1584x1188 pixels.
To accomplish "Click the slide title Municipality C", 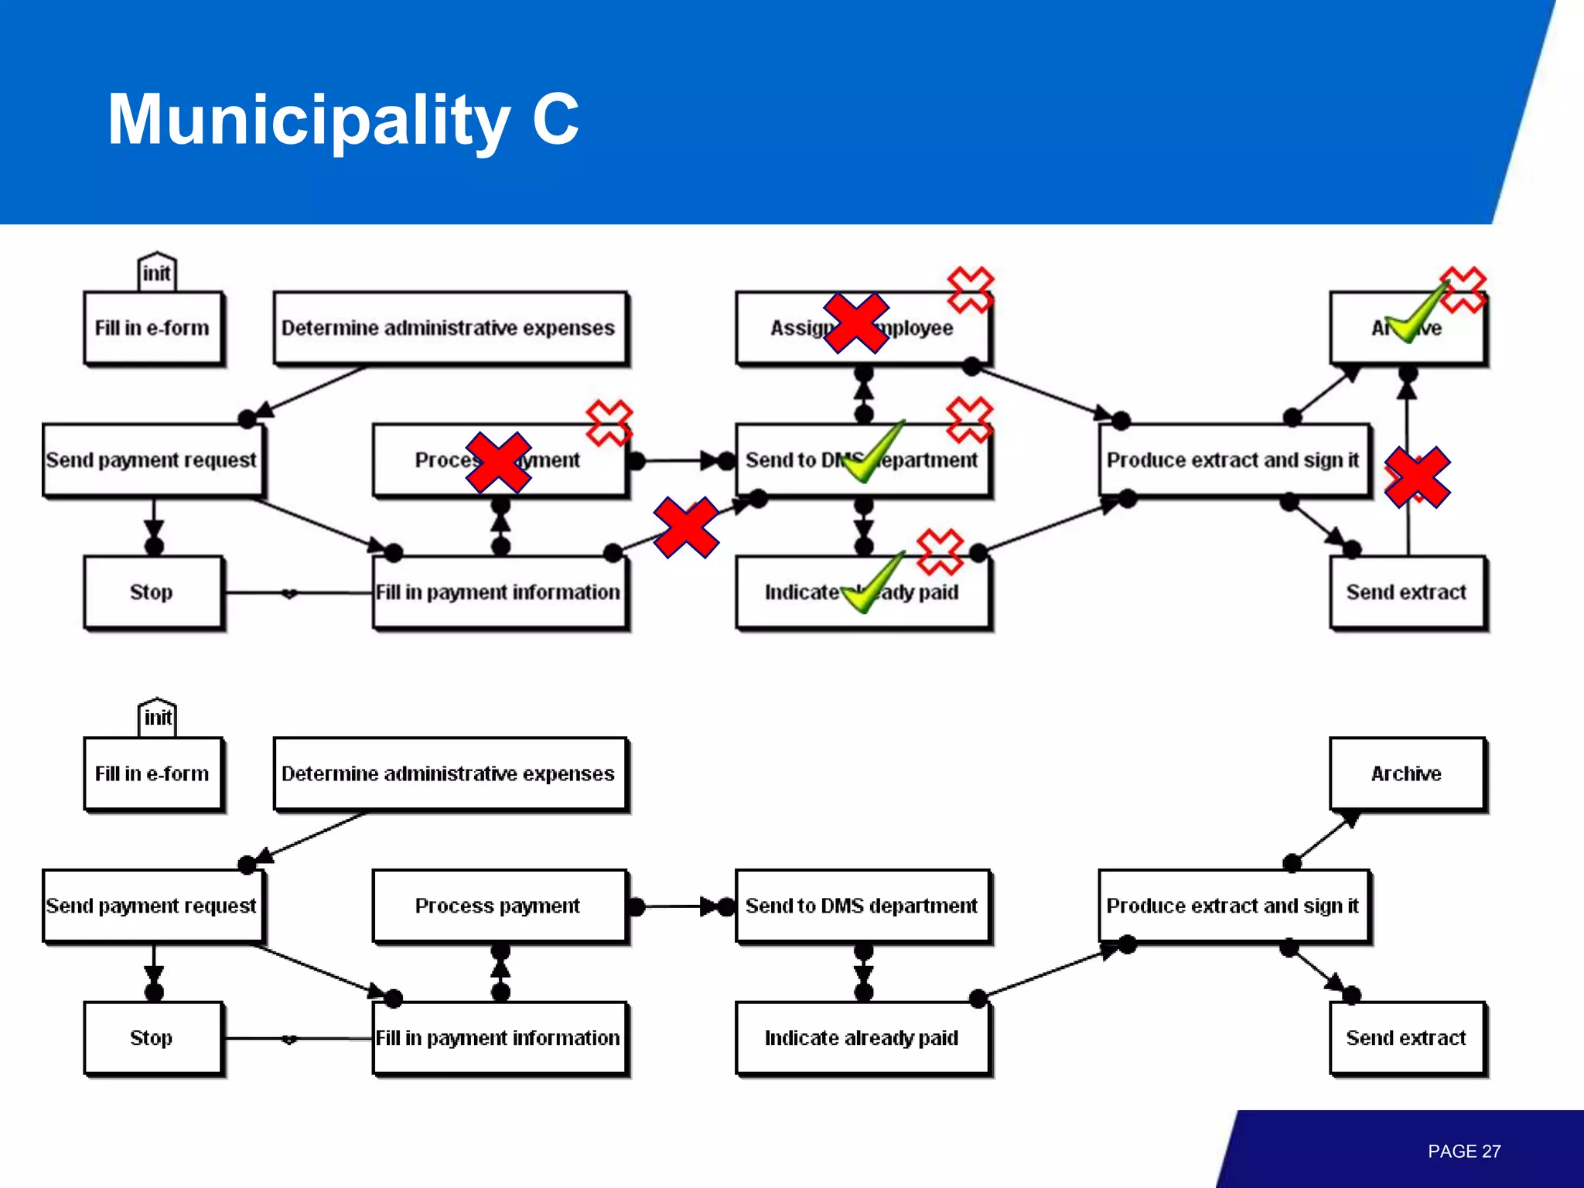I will pyautogui.click(x=343, y=119).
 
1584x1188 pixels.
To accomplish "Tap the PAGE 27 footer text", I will pyautogui.click(x=1463, y=1151).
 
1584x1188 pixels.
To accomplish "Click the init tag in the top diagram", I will pyautogui.click(x=156, y=272).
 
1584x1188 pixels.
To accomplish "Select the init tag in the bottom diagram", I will pyautogui.click(x=157, y=718).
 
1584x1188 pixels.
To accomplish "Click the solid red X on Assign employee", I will pyautogui.click(x=855, y=323).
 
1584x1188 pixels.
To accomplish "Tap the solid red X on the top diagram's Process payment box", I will pyautogui.click(x=498, y=463).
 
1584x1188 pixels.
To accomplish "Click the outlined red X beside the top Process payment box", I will pyautogui.click(x=609, y=422).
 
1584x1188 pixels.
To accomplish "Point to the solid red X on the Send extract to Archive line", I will pyautogui.click(x=1417, y=477).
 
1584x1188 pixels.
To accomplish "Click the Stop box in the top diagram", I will pyautogui.click(x=152, y=592).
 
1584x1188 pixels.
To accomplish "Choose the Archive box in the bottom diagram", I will pyautogui.click(x=1406, y=773).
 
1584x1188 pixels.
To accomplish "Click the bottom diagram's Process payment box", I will pyautogui.click(x=498, y=906).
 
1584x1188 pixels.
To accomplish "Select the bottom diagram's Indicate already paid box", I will pyautogui.click(x=862, y=1038).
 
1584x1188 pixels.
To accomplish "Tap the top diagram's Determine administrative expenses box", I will pyautogui.click(x=449, y=327).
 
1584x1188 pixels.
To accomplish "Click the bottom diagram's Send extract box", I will pyautogui.click(x=1406, y=1038).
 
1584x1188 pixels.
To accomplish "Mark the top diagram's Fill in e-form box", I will pyautogui.click(x=152, y=327).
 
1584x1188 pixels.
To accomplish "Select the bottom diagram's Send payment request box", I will pyautogui.click(x=152, y=906).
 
